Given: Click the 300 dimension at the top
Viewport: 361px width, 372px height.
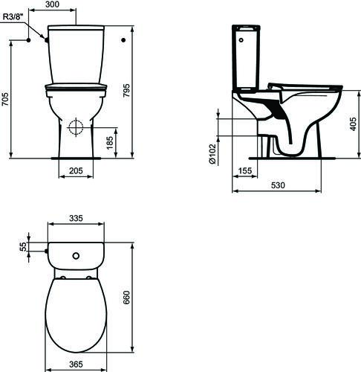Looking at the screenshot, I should point(74,4).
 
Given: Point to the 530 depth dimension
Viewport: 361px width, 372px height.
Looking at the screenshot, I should point(279,185).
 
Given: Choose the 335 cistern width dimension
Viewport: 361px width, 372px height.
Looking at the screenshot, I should point(75,219).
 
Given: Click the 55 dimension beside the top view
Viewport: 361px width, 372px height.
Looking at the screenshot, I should point(22,246).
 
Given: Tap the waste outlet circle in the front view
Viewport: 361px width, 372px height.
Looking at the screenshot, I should point(75,126).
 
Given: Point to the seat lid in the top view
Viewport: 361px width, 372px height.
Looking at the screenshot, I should point(75,312).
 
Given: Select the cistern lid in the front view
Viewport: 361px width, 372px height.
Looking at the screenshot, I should point(74,31).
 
